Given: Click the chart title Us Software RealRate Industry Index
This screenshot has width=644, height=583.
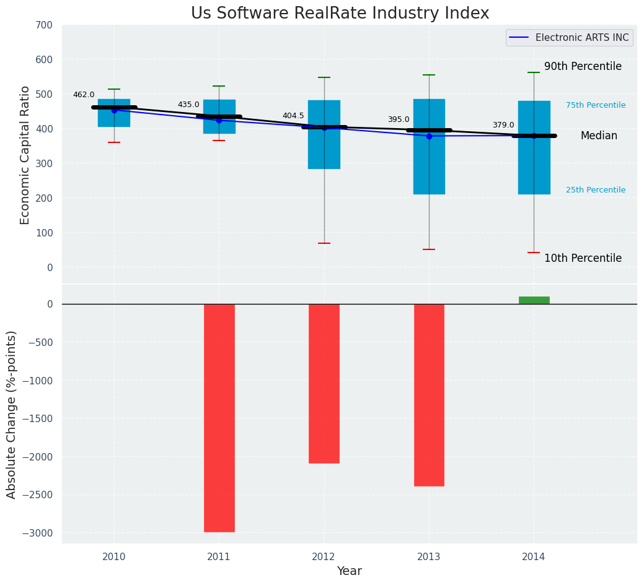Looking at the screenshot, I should (340, 14).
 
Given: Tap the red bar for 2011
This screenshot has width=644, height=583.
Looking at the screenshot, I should (219, 418).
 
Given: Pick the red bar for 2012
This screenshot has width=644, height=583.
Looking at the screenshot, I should (324, 383).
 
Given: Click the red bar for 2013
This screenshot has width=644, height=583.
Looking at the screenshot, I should (429, 395).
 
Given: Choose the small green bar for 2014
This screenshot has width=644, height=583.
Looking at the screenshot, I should (534, 300).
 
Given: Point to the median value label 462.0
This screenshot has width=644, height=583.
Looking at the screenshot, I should (84, 95).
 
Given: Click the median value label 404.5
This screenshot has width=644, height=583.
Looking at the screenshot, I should (293, 116).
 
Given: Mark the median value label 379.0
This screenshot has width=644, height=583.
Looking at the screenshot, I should (503, 126).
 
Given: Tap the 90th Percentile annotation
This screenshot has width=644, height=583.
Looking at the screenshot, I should (583, 67).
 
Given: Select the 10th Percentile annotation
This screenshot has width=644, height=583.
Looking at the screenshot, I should (583, 259).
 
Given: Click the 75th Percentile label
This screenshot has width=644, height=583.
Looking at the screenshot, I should (596, 106).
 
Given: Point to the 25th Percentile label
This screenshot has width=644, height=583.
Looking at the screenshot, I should (596, 191).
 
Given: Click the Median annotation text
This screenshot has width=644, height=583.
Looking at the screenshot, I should (599, 136).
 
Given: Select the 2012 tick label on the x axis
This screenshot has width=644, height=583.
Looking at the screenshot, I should (324, 557).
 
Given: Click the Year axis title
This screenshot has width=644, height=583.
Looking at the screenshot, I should (349, 571).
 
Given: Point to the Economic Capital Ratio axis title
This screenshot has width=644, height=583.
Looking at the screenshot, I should (25, 155).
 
